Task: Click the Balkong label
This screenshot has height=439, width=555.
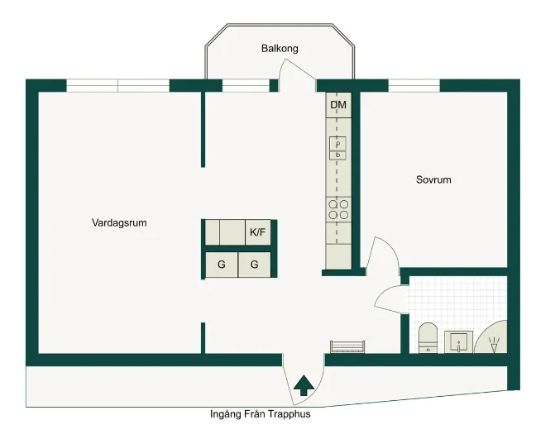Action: (280, 49)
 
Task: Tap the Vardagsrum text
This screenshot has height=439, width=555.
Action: (119, 223)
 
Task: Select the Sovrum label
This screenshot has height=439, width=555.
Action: (433, 179)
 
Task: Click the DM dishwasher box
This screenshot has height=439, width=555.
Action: (338, 105)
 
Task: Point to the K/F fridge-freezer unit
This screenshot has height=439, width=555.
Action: (258, 232)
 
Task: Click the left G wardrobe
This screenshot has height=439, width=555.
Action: (222, 265)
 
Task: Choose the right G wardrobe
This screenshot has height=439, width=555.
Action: (255, 265)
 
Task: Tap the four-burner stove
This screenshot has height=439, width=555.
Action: (338, 209)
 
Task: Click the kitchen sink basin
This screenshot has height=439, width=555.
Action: (337, 148)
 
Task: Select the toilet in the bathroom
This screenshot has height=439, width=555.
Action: (428, 338)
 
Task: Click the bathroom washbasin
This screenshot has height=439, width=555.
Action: (459, 342)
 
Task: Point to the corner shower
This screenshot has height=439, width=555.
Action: (491, 337)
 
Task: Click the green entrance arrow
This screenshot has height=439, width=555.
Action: (304, 385)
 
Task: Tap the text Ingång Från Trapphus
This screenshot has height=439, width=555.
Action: (261, 414)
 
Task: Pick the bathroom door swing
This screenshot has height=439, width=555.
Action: (390, 299)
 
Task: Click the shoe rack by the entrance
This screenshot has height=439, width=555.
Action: (347, 346)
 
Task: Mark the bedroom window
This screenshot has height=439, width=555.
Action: (414, 86)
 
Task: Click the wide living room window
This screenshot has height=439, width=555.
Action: (118, 86)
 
